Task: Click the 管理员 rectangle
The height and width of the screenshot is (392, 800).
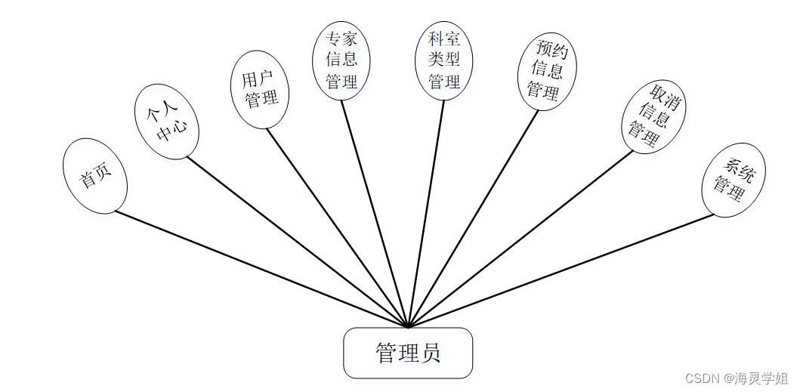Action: tap(408, 353)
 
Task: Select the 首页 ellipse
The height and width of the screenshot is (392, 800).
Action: tap(95, 176)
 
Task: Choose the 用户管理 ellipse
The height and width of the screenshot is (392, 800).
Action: tap(260, 89)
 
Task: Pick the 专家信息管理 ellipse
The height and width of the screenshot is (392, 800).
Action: tap(341, 60)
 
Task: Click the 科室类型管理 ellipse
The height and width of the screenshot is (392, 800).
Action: tap(443, 60)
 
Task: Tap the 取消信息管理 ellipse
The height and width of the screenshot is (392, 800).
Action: tap(653, 116)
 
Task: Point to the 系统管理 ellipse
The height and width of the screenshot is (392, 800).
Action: tap(733, 179)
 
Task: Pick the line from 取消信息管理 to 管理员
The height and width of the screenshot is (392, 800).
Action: tap(521, 239)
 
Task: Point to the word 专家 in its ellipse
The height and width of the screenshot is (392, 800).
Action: tap(341, 39)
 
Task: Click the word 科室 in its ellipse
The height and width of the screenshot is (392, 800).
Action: tap(443, 39)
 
